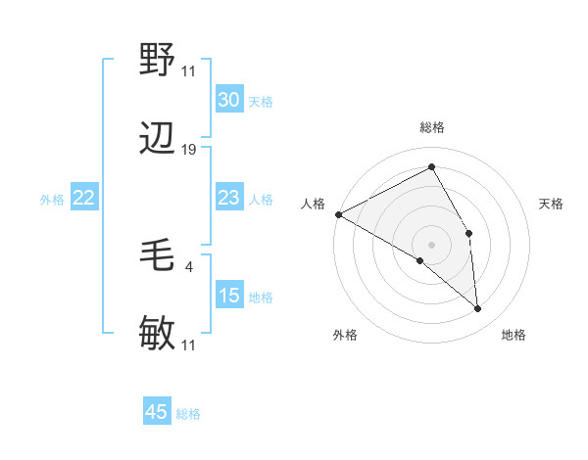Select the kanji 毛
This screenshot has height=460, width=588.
tap(158, 256)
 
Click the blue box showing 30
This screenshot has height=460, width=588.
tap(229, 100)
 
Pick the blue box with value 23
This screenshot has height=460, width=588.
tap(229, 199)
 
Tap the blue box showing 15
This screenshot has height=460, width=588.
tap(229, 296)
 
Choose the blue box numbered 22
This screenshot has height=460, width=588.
tap(83, 199)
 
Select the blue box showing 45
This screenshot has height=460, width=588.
tap(157, 412)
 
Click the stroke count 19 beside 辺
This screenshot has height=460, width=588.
tap(189, 149)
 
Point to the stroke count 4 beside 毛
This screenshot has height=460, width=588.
tap(188, 265)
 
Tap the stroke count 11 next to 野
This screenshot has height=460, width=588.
tap(189, 70)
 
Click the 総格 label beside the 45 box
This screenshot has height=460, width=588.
tap(188, 414)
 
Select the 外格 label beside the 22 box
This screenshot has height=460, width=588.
tap(52, 200)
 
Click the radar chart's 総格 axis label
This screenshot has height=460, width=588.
tap(432, 127)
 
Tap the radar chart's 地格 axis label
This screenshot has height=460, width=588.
tap(514, 336)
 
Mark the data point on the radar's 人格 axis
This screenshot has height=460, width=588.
tap(338, 214)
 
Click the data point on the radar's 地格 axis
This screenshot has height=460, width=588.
tap(478, 309)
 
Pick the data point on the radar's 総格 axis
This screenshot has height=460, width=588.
tap(431, 166)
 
